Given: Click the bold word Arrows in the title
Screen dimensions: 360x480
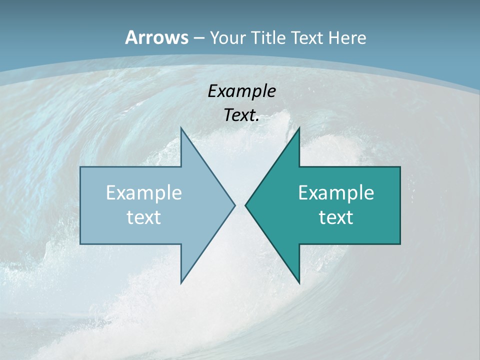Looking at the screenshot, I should coord(156,37).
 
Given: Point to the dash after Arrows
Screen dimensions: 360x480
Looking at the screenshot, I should coord(198,38).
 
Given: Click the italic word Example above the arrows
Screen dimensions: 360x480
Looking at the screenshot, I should coord(242,91).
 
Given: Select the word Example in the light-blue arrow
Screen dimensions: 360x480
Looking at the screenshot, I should coord(144,192).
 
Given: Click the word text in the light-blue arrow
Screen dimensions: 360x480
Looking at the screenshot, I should coord(144,217).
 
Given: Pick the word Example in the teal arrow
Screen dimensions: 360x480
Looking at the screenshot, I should coord(336,192).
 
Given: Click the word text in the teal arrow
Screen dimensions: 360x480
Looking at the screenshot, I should coord(336,217).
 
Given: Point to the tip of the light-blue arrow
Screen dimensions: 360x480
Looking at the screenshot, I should coord(233,205).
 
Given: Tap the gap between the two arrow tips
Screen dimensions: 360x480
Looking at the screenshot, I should coord(240,205).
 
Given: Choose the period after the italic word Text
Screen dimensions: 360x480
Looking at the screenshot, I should coord(257,120).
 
